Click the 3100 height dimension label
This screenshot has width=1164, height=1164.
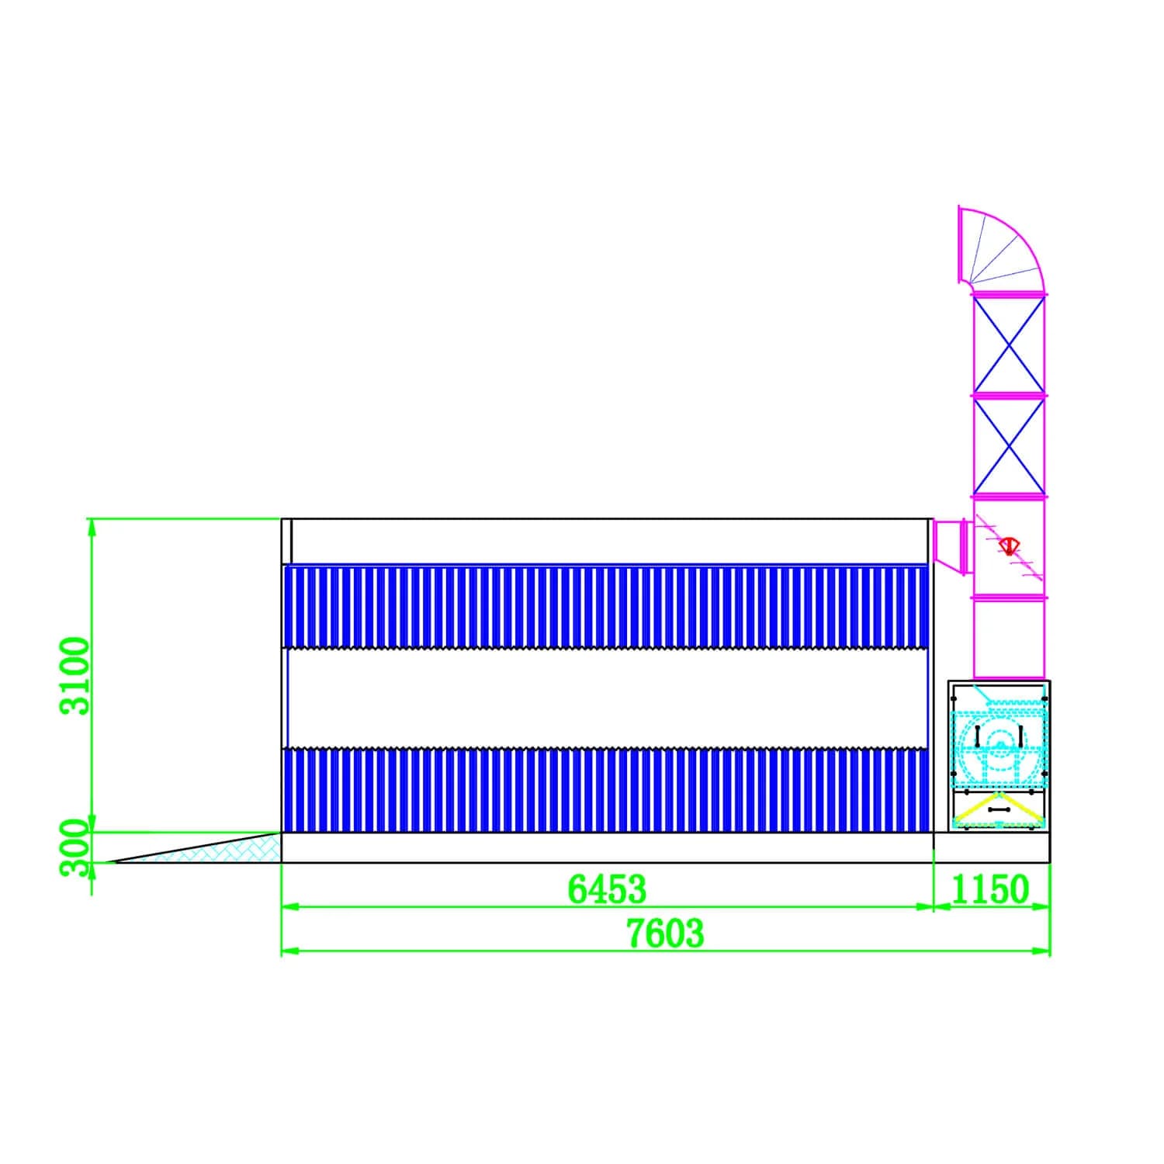point(77,676)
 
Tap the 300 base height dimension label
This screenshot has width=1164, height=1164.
point(77,847)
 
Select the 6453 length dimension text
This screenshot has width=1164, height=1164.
point(607,889)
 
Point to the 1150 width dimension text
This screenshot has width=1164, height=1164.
point(990,889)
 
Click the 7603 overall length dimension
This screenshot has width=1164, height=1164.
point(666,934)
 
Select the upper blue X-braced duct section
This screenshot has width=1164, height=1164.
point(1009,345)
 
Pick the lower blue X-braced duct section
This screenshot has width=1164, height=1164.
point(1009,445)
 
